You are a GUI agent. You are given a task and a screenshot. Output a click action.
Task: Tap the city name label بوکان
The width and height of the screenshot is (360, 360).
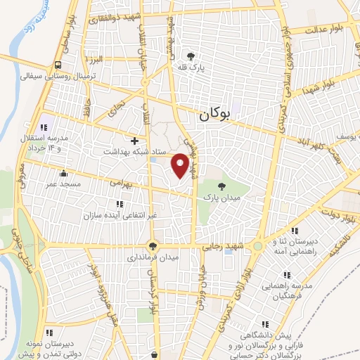coord(214,115)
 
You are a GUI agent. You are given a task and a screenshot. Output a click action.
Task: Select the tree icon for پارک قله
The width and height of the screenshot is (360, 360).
coord(191,56)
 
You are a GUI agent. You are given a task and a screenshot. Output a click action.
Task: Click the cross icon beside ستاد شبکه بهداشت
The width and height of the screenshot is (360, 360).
coord(135,141)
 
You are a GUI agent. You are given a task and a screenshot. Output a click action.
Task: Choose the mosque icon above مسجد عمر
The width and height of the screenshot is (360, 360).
coord(65,173)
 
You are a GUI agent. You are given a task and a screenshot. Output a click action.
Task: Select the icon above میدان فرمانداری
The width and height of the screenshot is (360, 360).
coord(152,246)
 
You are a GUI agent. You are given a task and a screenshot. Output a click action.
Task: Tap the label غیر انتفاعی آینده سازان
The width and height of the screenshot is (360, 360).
coord(118,215)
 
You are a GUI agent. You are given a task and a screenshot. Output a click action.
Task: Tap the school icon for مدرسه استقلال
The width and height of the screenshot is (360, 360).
coord(43,128)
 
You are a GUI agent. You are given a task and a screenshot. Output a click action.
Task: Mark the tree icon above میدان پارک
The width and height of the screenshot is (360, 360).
coord(222,186)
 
